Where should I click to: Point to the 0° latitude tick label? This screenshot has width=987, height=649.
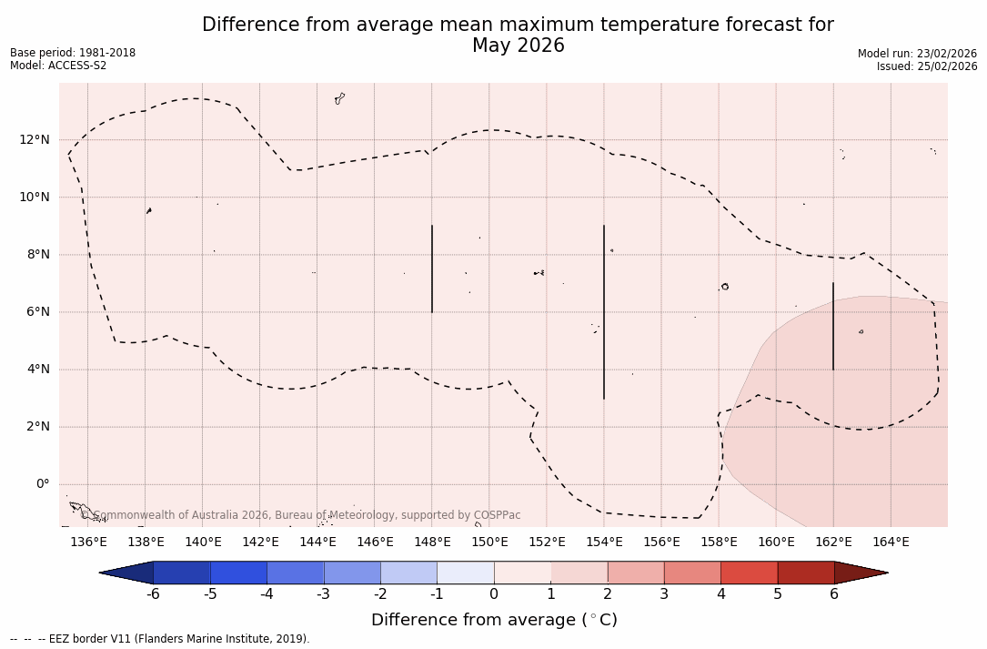43,484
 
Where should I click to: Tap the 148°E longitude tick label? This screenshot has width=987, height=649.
432,543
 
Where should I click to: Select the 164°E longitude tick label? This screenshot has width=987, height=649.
891,543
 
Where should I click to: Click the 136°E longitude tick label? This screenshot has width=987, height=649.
88,543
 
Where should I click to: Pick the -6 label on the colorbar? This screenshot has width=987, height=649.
154,594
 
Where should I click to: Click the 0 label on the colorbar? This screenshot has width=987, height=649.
494,594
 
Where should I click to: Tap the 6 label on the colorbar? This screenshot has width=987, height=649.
834,594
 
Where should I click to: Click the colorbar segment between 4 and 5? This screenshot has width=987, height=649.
749,573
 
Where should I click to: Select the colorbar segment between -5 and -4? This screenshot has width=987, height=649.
239,573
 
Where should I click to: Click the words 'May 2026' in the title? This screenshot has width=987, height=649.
518,46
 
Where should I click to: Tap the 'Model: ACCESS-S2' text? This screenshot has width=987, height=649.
58,66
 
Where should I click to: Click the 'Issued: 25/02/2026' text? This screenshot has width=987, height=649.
926,66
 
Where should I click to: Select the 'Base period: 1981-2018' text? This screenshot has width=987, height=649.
73,53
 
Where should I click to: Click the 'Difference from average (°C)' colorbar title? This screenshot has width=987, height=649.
494,620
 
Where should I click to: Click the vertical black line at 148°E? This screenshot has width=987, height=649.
432,269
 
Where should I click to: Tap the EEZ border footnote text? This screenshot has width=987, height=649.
160,639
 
